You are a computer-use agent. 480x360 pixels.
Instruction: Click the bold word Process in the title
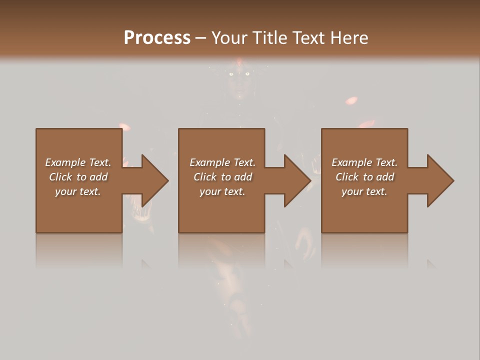157,38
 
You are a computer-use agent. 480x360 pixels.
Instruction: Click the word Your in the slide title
229,38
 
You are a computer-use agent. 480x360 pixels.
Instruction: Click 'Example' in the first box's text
66,162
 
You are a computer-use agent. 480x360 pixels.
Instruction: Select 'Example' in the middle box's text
210,162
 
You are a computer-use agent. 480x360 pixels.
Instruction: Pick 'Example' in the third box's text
352,162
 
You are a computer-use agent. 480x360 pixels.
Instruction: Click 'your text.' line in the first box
77,191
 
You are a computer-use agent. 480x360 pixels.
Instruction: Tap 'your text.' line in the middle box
222,191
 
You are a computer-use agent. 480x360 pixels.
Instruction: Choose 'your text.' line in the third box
364,191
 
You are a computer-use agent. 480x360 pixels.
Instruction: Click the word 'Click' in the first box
60,177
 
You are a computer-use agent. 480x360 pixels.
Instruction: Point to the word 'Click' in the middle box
205,177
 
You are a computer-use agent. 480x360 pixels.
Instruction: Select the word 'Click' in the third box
347,177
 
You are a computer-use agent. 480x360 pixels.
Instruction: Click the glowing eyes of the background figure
238,74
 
